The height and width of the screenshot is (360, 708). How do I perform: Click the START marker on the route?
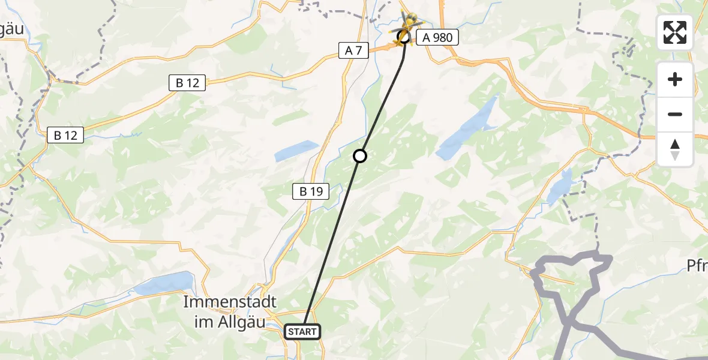pos(302,331)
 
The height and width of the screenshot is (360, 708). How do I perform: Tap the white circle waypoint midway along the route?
pos(359,156)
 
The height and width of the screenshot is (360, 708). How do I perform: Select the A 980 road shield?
pos(437,37)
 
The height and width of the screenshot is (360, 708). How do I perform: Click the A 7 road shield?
pos(353,51)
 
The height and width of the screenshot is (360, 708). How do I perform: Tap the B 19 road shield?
pos(311,192)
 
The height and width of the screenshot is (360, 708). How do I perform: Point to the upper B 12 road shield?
pos(187,83)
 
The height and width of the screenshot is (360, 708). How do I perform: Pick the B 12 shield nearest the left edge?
pos(65,136)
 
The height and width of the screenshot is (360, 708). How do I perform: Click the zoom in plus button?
pos(675,79)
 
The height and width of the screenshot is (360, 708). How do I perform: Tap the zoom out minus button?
pos(675,114)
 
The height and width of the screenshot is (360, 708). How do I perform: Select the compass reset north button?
pos(675,149)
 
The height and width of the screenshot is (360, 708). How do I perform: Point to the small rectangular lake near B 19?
pos(296,151)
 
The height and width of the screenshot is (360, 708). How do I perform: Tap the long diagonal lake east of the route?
pos(468,128)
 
